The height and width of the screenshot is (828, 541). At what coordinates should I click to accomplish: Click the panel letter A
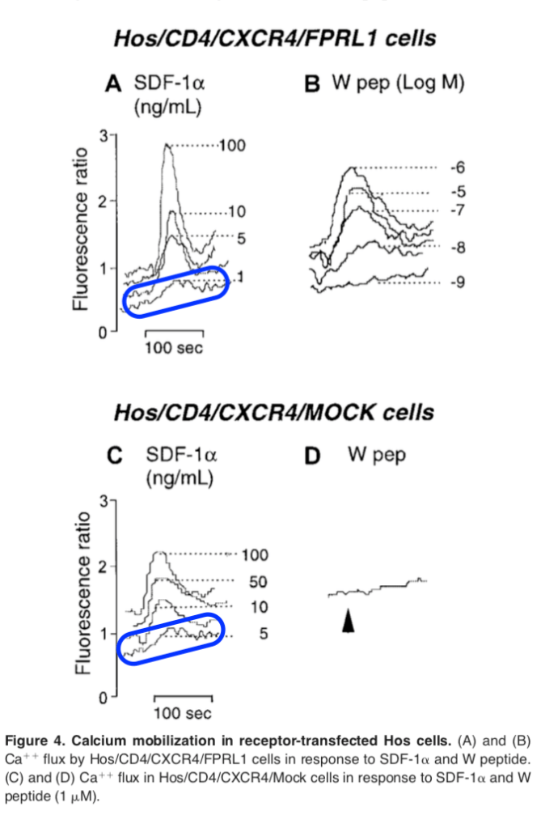[x=114, y=83]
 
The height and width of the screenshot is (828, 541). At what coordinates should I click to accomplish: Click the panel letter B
[x=313, y=84]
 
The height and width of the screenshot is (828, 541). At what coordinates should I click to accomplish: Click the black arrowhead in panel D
[x=348, y=621]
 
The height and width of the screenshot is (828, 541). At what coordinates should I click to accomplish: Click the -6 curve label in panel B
[x=458, y=168]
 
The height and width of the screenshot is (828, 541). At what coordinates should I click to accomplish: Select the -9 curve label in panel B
[x=458, y=282]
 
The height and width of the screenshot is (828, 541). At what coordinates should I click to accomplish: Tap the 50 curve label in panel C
[x=259, y=582]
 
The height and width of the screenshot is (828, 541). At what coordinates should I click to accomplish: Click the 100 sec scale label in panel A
[x=174, y=348]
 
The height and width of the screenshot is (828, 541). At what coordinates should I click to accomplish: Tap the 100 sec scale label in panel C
[x=183, y=713]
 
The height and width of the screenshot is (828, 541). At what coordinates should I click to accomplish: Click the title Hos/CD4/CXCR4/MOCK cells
[x=273, y=413]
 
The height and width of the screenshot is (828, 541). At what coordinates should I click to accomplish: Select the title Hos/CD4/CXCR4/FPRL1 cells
[x=273, y=38]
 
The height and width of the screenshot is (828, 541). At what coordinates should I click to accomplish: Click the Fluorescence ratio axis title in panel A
[x=81, y=234]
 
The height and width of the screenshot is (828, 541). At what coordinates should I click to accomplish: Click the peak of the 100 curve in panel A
[x=167, y=145]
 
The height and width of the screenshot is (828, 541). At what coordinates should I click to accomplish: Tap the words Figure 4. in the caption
[x=34, y=741]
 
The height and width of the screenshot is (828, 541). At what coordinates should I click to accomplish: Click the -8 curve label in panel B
[x=458, y=247]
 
